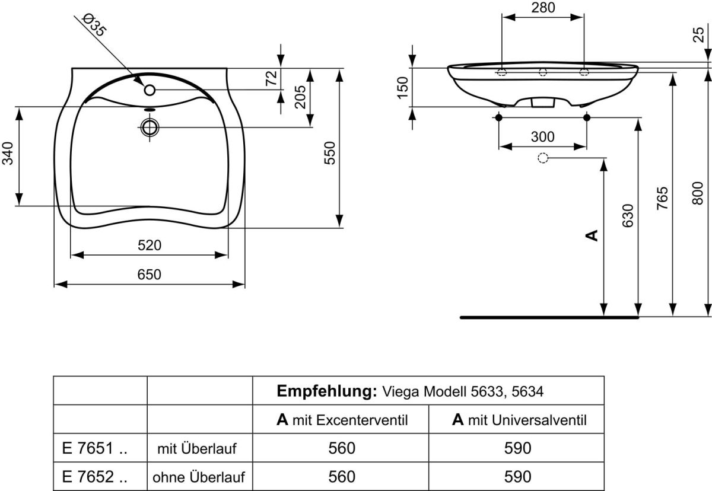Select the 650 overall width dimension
(x=150, y=275)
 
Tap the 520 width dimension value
(x=150, y=245)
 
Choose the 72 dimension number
(x=271, y=78)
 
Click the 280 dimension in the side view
(x=543, y=8)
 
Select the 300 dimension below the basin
(x=542, y=137)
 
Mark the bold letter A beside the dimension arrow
(x=592, y=236)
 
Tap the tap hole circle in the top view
(x=150, y=90)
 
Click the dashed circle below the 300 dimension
(x=542, y=158)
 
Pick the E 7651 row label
(x=94, y=448)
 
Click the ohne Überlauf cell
(x=199, y=476)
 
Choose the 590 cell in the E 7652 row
(x=517, y=476)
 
